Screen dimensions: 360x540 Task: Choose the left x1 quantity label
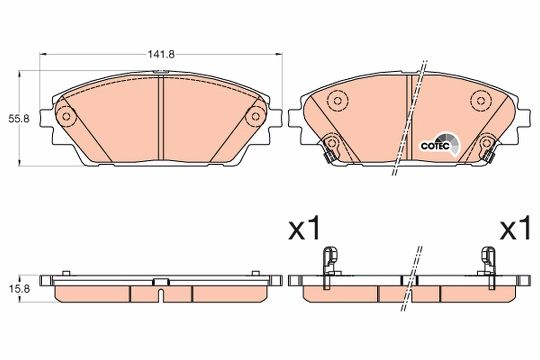click(305, 228)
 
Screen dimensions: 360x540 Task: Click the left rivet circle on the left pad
click(66, 117)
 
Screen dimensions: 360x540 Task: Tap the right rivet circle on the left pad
click(256, 117)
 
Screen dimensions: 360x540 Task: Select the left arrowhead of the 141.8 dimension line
click(43, 54)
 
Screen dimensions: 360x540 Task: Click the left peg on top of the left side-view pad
click(66, 273)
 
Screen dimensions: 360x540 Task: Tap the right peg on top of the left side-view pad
click(255, 273)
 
